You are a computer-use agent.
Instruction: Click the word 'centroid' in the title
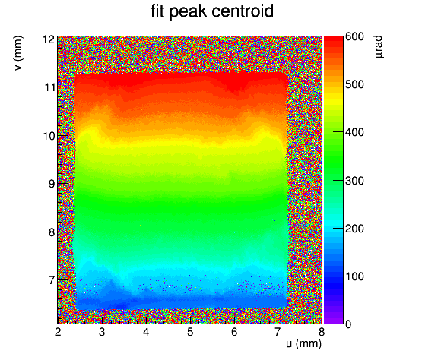(x=243, y=11)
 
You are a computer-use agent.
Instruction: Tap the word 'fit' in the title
(x=157, y=11)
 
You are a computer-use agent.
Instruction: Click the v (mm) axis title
(x=18, y=53)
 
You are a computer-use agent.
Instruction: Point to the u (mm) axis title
(x=303, y=344)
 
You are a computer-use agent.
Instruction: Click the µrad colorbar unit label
(x=379, y=46)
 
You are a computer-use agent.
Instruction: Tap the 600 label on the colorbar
(x=354, y=36)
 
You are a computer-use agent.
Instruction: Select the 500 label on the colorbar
(x=354, y=84)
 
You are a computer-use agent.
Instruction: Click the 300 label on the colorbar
(x=354, y=181)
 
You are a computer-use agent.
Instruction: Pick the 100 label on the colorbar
(x=354, y=276)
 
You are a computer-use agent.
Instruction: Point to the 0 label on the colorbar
(x=348, y=324)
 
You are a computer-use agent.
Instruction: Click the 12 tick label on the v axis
(x=49, y=39)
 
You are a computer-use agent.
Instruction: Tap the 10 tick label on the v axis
(x=49, y=136)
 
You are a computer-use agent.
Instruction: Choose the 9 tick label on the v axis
(x=52, y=184)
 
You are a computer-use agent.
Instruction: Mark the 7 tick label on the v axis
(x=52, y=280)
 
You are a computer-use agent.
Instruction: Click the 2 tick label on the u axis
(x=58, y=332)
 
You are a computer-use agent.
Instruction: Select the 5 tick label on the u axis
(x=190, y=332)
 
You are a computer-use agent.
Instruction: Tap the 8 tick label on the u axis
(x=322, y=332)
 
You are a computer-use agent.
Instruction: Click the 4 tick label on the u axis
(x=146, y=332)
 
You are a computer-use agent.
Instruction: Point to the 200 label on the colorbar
(x=354, y=229)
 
